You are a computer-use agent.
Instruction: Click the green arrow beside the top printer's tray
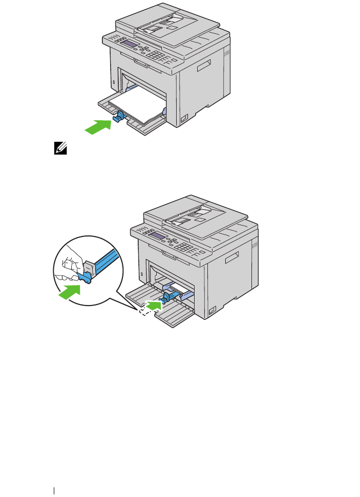pyautogui.click(x=97, y=126)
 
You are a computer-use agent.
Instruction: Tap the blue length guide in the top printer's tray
pyautogui.click(x=117, y=117)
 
